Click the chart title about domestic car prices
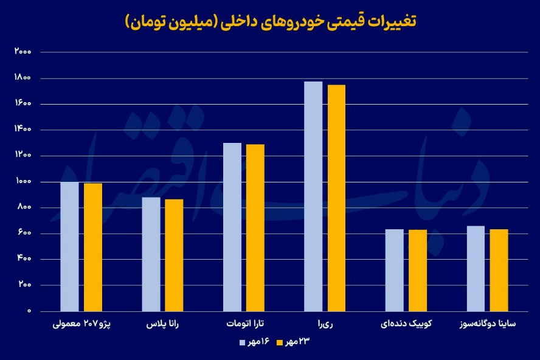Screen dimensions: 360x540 coord(270,22)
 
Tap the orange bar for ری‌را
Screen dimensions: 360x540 coord(336,198)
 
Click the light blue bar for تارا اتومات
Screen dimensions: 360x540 coord(232,227)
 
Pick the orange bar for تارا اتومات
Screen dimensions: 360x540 coord(255,227)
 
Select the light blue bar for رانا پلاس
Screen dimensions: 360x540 coord(151,254)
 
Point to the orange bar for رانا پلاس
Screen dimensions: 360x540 coord(174,255)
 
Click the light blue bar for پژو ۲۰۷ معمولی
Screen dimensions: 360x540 coord(70,246)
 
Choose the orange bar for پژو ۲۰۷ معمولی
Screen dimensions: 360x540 coord(93,247)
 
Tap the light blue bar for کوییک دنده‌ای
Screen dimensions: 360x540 coord(394,270)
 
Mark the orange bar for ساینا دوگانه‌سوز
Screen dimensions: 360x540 coord(499,270)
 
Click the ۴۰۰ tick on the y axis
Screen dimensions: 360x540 coord(24,259)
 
